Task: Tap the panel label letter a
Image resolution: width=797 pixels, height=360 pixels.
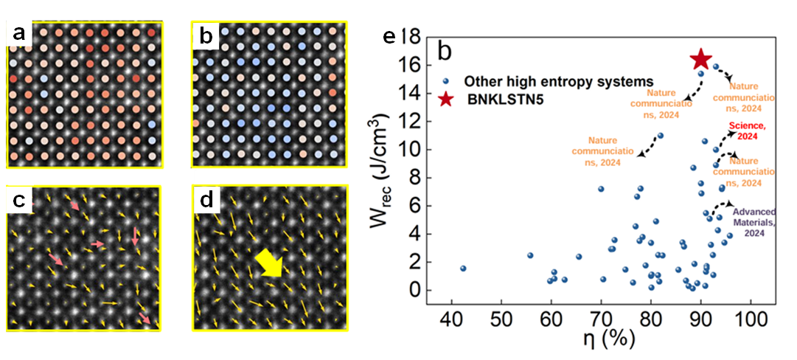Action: (18, 35)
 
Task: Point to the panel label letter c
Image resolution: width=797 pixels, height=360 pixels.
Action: (18, 200)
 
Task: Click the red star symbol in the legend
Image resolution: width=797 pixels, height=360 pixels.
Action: (445, 100)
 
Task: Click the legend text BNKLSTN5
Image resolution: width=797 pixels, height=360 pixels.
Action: (502, 100)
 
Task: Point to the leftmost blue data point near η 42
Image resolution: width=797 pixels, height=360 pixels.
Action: (463, 269)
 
